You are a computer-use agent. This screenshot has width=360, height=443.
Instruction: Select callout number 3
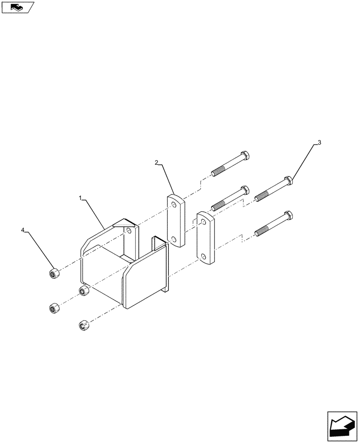coord(319,143)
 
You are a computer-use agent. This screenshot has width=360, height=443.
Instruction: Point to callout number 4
coord(23,230)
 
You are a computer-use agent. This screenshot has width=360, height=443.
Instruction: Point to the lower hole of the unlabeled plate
coord(203,256)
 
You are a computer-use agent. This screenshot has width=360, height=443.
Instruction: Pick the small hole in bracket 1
coord(128,232)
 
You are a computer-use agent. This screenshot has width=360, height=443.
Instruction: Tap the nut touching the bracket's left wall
coord(82,291)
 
